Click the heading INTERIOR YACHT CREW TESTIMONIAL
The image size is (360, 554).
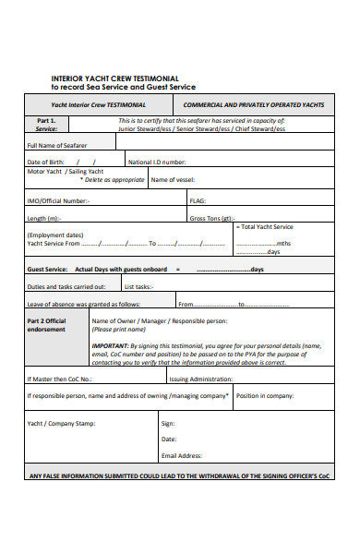[114, 78]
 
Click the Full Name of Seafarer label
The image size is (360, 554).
[57, 145]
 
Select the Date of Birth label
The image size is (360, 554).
[46, 162]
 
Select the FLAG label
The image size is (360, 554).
[198, 200]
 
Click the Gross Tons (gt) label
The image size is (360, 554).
[212, 219]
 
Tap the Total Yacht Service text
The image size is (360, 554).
[266, 227]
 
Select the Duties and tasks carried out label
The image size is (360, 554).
[66, 286]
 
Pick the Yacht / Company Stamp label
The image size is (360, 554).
[61, 424]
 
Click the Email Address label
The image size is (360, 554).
[182, 455]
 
